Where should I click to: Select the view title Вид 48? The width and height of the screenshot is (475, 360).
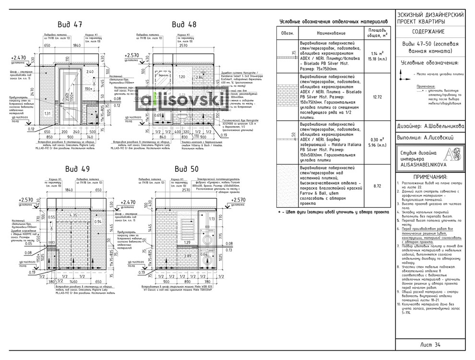185,24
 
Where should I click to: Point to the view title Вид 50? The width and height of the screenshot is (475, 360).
187,168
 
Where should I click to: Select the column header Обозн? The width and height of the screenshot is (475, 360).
287,33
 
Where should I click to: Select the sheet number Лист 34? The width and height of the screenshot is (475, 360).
430,344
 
